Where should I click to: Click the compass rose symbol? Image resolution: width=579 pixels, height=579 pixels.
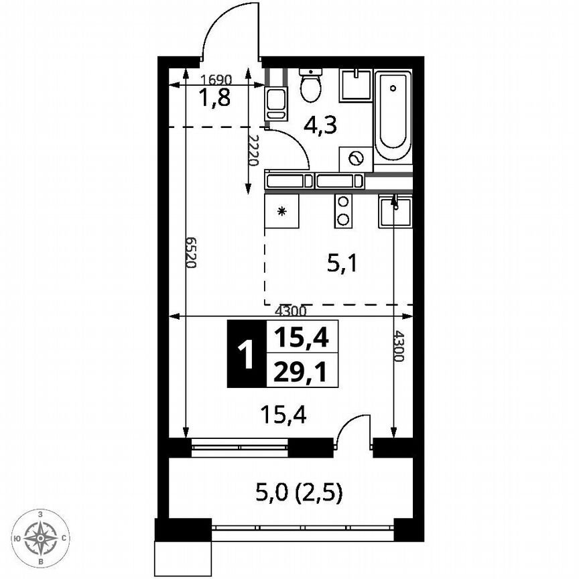click(42, 537)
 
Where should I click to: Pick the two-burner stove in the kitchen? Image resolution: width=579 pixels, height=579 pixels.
click(343, 210)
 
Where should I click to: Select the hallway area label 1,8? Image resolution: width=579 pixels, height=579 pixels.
click(214, 98)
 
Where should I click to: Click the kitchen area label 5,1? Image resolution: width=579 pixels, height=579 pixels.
click(342, 264)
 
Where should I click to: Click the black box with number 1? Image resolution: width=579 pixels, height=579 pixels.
click(247, 355)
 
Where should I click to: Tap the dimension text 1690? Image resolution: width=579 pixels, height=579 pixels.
click(215, 78)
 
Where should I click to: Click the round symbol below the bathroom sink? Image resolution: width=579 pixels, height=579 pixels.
click(356, 159)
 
